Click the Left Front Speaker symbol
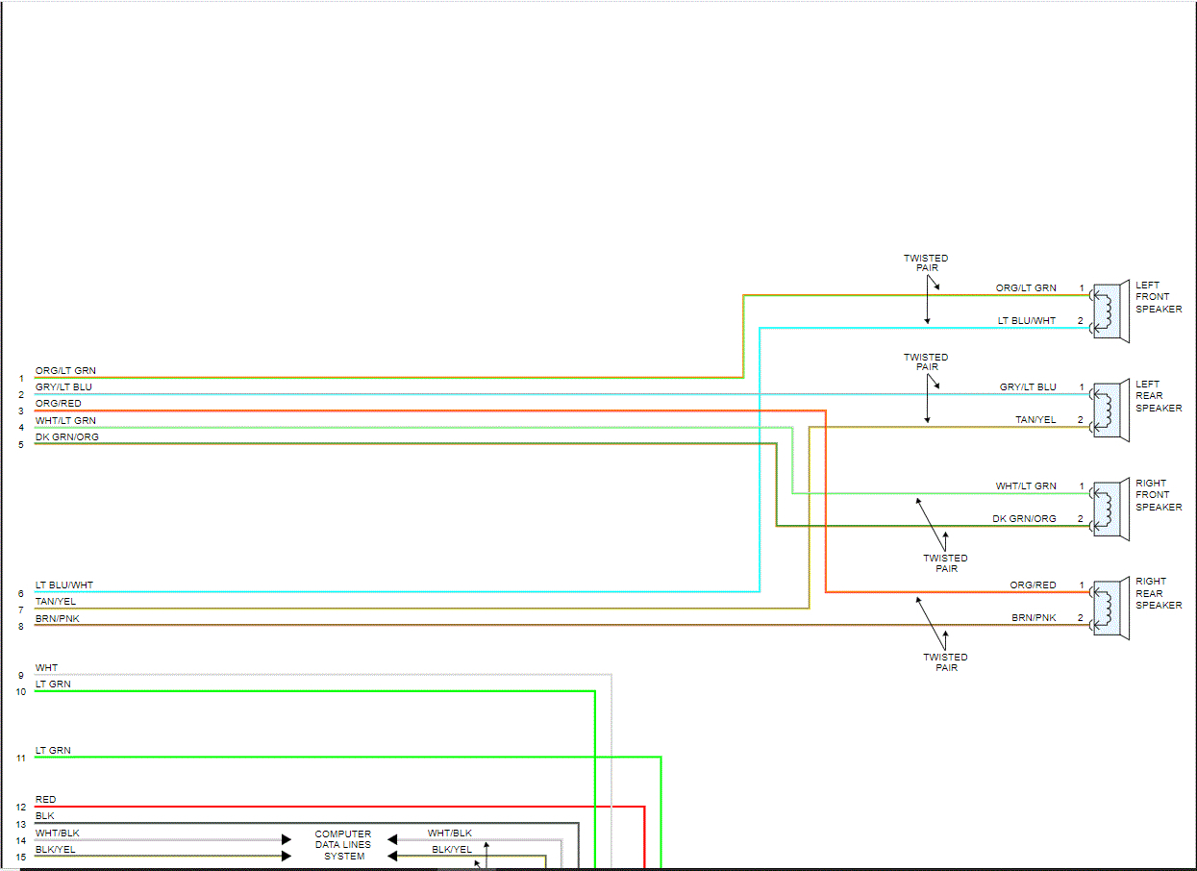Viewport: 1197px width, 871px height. (x=1110, y=311)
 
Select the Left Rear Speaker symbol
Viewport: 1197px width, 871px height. (x=1110, y=411)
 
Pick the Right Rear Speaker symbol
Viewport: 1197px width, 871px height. (x=1110, y=609)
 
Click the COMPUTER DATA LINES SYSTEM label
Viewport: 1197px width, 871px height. (x=343, y=845)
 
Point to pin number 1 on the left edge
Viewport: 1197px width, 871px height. (x=21, y=379)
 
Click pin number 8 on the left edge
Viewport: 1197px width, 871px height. (x=21, y=626)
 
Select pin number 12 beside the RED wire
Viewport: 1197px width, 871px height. (x=21, y=808)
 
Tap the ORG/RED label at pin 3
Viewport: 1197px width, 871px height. (x=59, y=404)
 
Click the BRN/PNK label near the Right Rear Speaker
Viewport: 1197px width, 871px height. (x=1034, y=618)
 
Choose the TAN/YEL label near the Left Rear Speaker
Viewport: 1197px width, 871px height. (x=1035, y=420)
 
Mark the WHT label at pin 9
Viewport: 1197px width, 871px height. (x=46, y=668)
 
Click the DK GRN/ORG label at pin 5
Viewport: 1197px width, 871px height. (x=67, y=437)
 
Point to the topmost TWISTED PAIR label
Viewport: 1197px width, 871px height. (x=926, y=263)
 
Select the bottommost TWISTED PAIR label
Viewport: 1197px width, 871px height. (x=945, y=662)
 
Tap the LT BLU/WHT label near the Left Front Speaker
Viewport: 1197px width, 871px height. (x=1027, y=321)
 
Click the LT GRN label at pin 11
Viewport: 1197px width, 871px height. (x=53, y=751)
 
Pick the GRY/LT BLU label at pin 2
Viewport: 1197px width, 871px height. (x=64, y=387)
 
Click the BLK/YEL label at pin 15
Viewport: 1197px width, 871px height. (x=56, y=850)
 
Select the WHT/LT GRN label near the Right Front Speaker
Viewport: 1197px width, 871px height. (x=1026, y=486)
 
